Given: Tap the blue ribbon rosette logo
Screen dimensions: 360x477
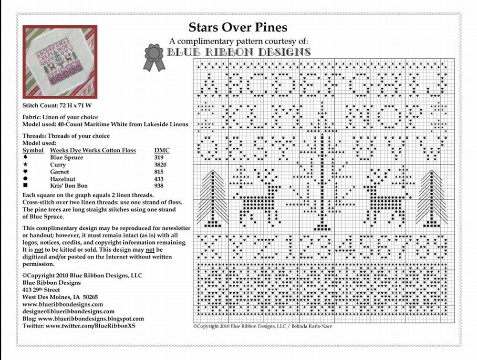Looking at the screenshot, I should pos(155,57).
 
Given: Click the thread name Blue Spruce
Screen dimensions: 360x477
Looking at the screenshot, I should pos(66,157).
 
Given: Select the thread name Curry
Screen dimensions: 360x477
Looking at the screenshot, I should pos(58,165).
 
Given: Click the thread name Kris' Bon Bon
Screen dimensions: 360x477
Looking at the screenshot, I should pos(69,185).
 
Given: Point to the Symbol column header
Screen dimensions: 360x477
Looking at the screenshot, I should pos(33,150).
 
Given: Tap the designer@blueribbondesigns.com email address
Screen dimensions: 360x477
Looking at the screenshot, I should pos(68,311).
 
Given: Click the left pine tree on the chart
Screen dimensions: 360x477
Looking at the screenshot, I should pos(211,198).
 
